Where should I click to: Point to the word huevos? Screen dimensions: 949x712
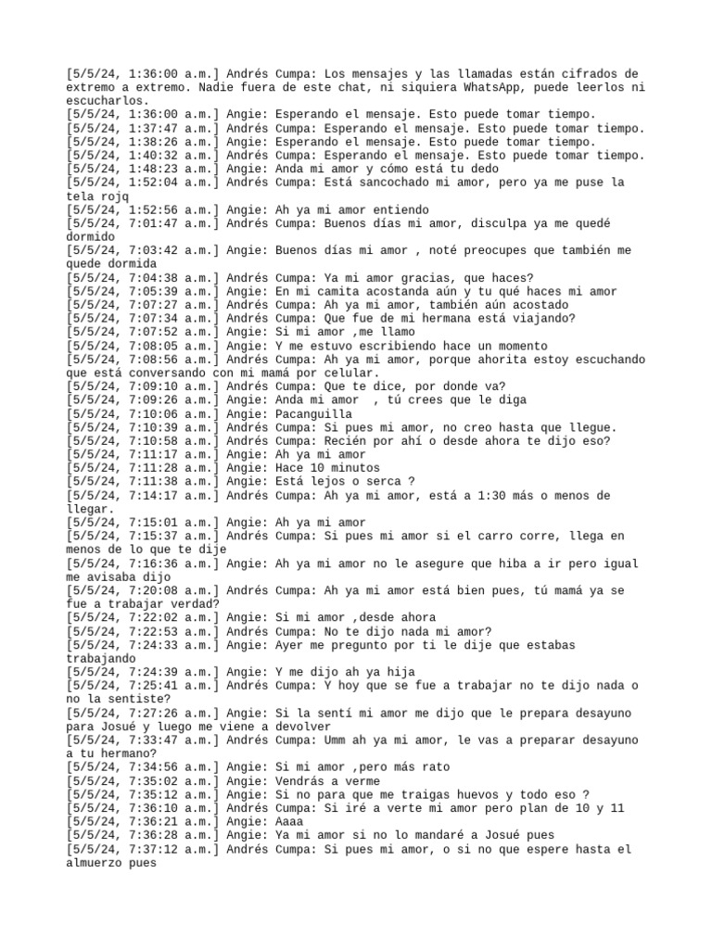(x=473, y=795)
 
